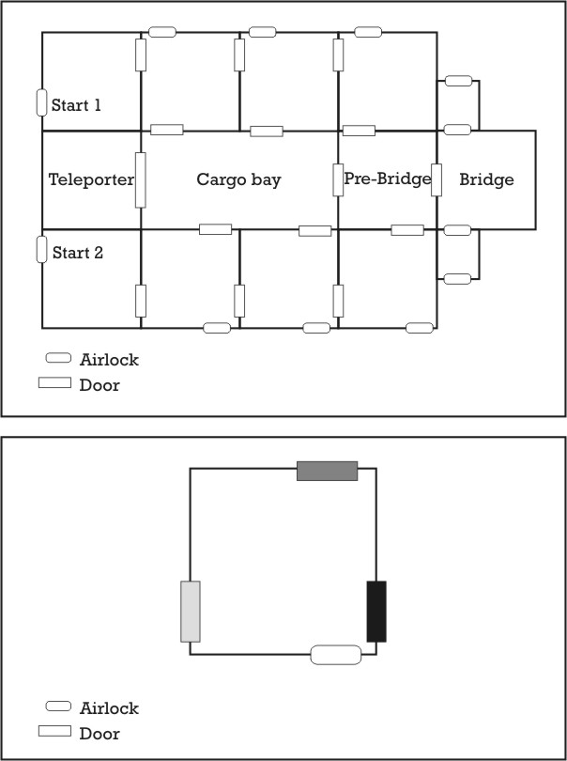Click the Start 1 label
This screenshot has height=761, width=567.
(x=76, y=105)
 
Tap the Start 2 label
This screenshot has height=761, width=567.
(x=78, y=253)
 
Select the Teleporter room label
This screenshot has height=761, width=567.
(x=91, y=179)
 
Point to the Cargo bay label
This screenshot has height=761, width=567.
(x=238, y=179)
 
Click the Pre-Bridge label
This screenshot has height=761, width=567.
(x=387, y=179)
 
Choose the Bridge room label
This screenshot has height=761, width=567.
(x=486, y=179)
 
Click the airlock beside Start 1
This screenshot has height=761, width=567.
(x=41, y=103)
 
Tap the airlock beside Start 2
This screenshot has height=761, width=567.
(x=41, y=250)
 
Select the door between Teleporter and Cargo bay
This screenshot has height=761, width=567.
(x=140, y=180)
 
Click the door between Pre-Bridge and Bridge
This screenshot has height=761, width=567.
(x=437, y=180)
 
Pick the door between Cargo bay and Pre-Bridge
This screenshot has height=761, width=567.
(x=338, y=180)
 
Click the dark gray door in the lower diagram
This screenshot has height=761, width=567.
(x=328, y=472)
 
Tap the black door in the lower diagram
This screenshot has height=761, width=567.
(x=376, y=612)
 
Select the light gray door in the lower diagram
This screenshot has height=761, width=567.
(x=191, y=612)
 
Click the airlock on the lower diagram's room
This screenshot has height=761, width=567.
(x=336, y=655)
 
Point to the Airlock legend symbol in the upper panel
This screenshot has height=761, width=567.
(x=58, y=358)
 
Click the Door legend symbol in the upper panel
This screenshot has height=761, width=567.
(x=54, y=382)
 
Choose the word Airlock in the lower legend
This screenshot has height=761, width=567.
(x=109, y=708)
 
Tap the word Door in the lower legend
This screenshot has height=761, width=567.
(x=100, y=734)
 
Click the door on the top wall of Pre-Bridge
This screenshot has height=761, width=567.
(x=359, y=131)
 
